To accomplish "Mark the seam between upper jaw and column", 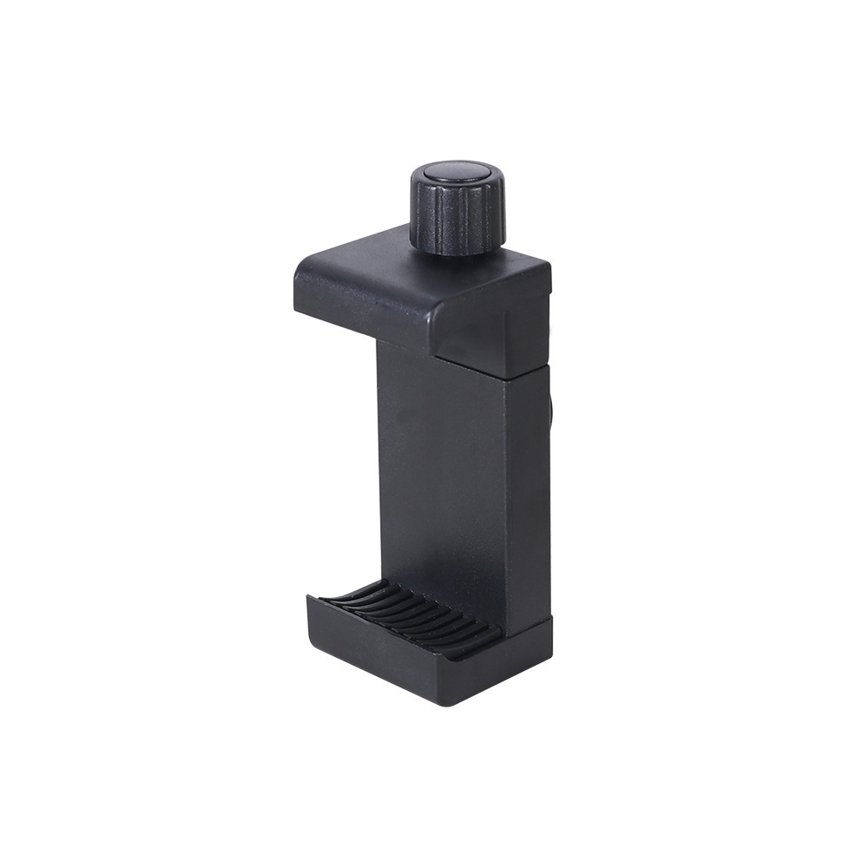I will tap(490, 363).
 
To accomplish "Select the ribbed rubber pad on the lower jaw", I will tap(408, 612).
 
